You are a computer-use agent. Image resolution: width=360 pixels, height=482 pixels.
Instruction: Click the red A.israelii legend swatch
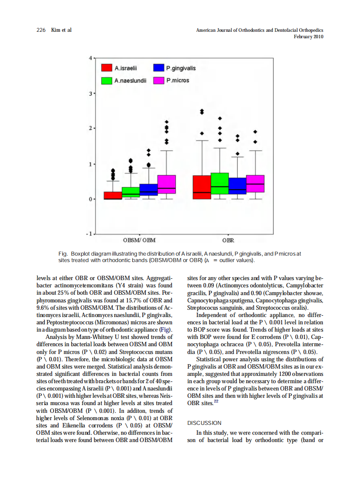click(107, 68)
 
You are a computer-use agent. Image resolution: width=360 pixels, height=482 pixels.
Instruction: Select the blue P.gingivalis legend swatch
click(159, 68)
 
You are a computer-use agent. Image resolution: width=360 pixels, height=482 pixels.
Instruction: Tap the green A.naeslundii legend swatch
click(107, 80)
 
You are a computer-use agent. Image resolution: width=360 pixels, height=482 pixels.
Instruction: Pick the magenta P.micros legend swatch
click(159, 80)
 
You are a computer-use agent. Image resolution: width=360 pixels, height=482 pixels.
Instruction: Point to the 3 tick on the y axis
click(90, 93)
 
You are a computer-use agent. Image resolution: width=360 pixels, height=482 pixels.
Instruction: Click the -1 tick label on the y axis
click(89, 234)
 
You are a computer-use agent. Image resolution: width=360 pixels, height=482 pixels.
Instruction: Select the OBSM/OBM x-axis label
click(139, 240)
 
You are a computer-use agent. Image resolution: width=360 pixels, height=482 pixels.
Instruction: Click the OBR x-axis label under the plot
click(228, 240)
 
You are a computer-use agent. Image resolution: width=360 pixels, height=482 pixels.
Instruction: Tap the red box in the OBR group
click(201, 187)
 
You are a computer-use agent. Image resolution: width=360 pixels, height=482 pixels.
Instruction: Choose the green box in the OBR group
click(220, 183)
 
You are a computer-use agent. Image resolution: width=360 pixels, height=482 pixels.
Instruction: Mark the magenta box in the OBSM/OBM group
click(166, 184)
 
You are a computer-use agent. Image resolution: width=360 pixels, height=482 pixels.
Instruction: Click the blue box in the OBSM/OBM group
click(149, 190)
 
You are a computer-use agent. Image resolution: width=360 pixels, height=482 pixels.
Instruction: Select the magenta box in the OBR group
click(255, 183)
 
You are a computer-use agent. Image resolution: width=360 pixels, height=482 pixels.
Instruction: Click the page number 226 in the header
click(41, 30)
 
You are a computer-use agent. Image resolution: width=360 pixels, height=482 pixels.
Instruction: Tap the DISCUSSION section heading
click(204, 423)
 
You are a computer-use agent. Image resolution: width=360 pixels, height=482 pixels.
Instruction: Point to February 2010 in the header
click(308, 37)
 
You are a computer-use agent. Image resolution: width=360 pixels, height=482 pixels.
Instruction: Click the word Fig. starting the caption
click(63, 253)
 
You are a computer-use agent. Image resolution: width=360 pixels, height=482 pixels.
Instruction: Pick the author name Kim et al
click(61, 30)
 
